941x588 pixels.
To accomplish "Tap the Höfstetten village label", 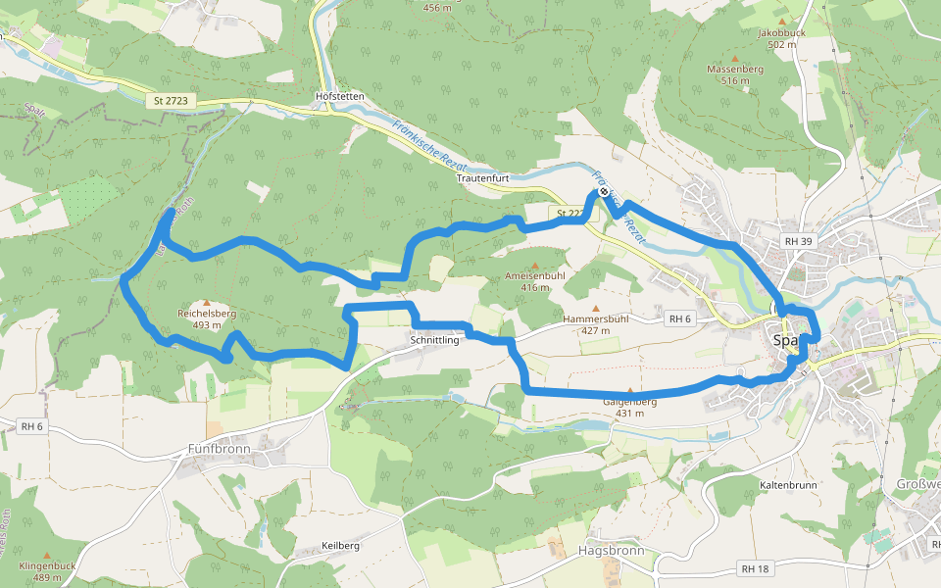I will click(x=340, y=97).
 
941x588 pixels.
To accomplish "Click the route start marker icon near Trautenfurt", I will click(x=603, y=192).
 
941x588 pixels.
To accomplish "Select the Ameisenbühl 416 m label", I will click(x=534, y=281).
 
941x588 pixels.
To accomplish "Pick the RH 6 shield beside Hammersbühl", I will click(x=680, y=318).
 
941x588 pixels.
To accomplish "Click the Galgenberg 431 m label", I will click(x=629, y=407).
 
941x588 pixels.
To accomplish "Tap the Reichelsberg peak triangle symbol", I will click(x=207, y=303).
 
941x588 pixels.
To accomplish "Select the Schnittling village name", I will click(x=435, y=340).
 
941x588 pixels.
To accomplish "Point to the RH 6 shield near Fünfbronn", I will click(x=32, y=426).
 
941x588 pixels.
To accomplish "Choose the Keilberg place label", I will click(x=341, y=545).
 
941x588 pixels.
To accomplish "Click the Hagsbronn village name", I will click(x=611, y=550).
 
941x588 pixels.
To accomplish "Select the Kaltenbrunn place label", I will click(x=789, y=485).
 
